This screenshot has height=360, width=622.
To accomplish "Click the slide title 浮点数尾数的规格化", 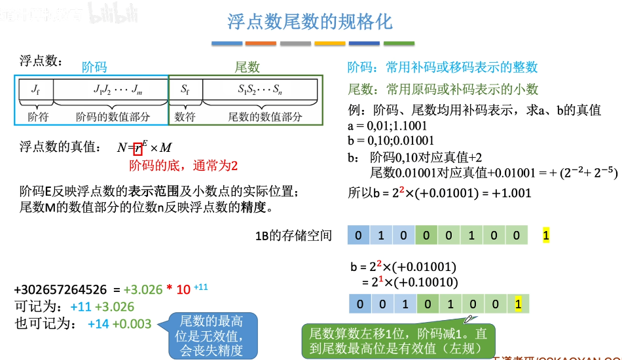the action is coord(310,22).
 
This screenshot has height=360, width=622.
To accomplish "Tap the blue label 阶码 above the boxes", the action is coord(94,67).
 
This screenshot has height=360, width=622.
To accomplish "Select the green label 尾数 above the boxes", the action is coord(247,67).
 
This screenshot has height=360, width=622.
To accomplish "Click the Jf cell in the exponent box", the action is coord(34,89).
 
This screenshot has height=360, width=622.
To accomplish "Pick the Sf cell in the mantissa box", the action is coord(185,89).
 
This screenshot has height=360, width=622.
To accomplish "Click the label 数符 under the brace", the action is coord(185,117).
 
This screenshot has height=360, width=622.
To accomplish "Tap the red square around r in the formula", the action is coord(137,148).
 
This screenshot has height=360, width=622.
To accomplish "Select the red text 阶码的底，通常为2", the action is coord(183,166).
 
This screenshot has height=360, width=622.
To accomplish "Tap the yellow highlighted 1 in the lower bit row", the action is coord(519,304).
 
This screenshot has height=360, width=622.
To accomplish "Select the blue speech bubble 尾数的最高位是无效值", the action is coord(211,335).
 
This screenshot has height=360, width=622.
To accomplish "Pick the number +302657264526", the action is coord(60,289).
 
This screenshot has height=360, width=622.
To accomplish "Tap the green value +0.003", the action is coord(132,323).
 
